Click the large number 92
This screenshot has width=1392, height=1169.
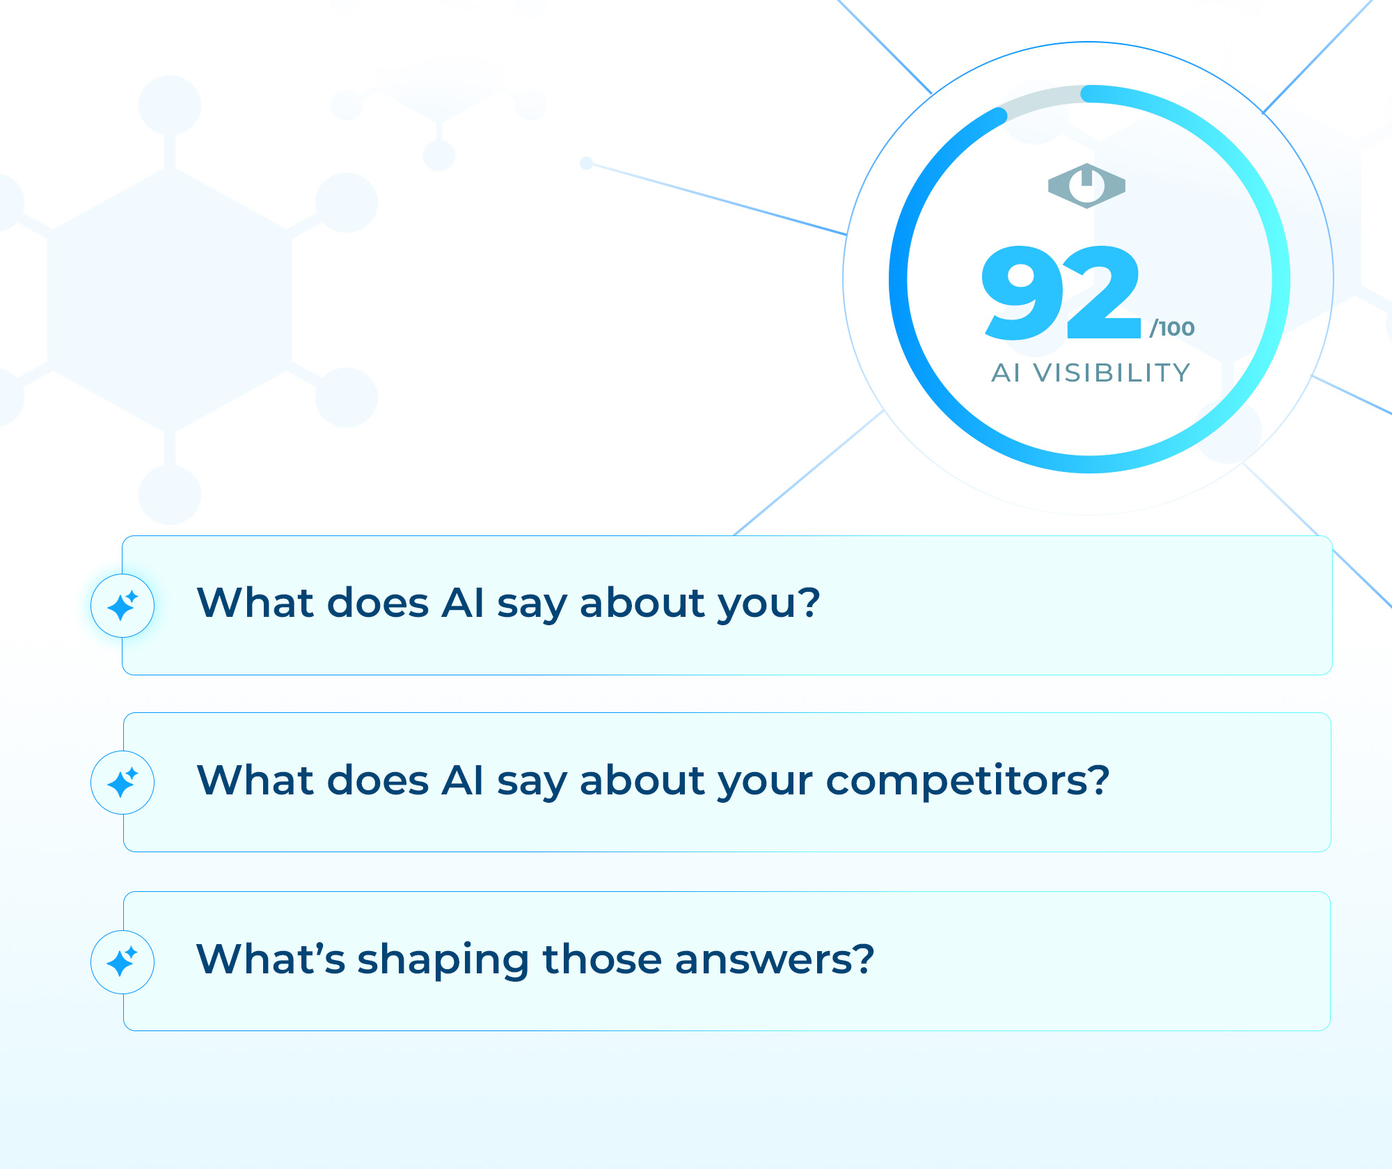coord(1061,292)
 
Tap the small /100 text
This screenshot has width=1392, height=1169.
coord(1172,328)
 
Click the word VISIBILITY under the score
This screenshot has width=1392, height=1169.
coord(1112,372)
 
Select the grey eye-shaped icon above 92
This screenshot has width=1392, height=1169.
coord(1086,186)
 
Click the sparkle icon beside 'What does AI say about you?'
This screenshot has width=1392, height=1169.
coord(122,606)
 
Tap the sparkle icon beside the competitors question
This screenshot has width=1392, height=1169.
coord(122,783)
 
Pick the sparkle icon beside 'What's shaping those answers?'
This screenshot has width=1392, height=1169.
coord(122,962)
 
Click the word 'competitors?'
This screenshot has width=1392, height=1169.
coord(967,780)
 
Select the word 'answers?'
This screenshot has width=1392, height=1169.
coord(775,959)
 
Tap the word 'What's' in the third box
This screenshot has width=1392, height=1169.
coord(271,958)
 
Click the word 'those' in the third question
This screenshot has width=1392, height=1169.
coord(602,958)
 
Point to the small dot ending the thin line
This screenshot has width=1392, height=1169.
coord(586,163)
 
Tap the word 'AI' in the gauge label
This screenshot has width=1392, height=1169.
coord(1006,372)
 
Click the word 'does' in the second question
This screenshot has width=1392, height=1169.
coord(378,779)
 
